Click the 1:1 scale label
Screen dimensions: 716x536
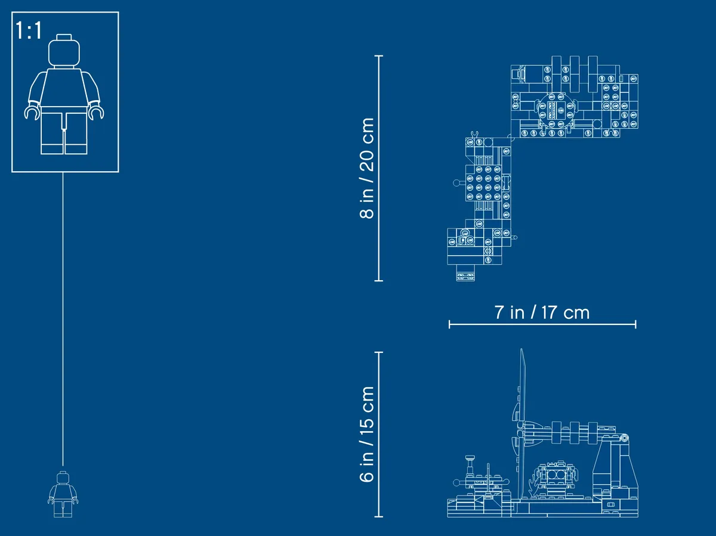tap(29, 30)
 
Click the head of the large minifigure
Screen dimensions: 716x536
tap(64, 51)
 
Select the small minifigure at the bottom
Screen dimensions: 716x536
tap(63, 494)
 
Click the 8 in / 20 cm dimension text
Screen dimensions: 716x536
tap(366, 168)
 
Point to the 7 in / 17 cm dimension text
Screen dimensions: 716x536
tap(542, 312)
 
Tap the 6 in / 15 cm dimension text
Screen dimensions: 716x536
tap(366, 434)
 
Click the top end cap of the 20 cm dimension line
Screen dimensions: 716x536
tap(379, 56)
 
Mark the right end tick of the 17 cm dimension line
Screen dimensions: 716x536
tap(635, 324)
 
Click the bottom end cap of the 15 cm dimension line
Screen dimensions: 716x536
tap(379, 516)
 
